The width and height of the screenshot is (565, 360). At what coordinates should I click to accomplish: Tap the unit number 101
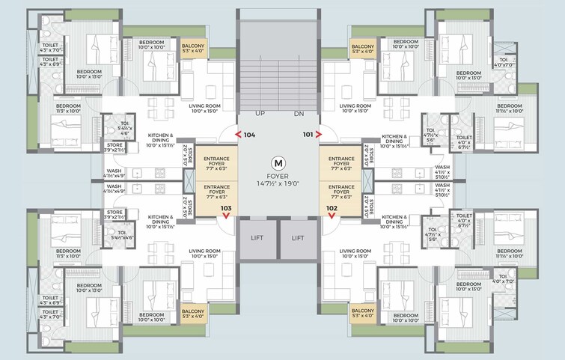(307, 135)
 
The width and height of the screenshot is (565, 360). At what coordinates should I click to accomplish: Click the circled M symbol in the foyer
(279, 162)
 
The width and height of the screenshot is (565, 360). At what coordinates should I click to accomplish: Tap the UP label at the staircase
(261, 113)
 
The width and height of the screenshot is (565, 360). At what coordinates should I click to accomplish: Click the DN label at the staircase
(299, 113)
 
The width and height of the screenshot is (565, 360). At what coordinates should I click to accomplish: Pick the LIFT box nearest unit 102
(299, 238)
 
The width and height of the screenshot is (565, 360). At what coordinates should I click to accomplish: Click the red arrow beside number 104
(239, 135)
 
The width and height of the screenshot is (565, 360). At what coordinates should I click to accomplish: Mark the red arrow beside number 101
(320, 135)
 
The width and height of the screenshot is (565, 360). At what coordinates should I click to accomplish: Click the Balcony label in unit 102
(363, 312)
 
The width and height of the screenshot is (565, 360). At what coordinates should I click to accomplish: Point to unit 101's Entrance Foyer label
(341, 162)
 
